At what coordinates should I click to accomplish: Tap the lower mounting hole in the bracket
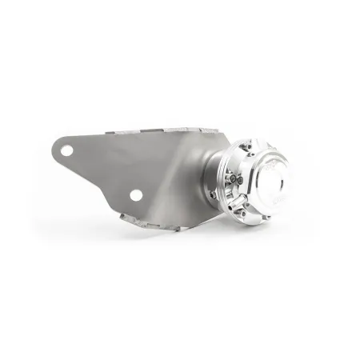[x=137, y=195]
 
